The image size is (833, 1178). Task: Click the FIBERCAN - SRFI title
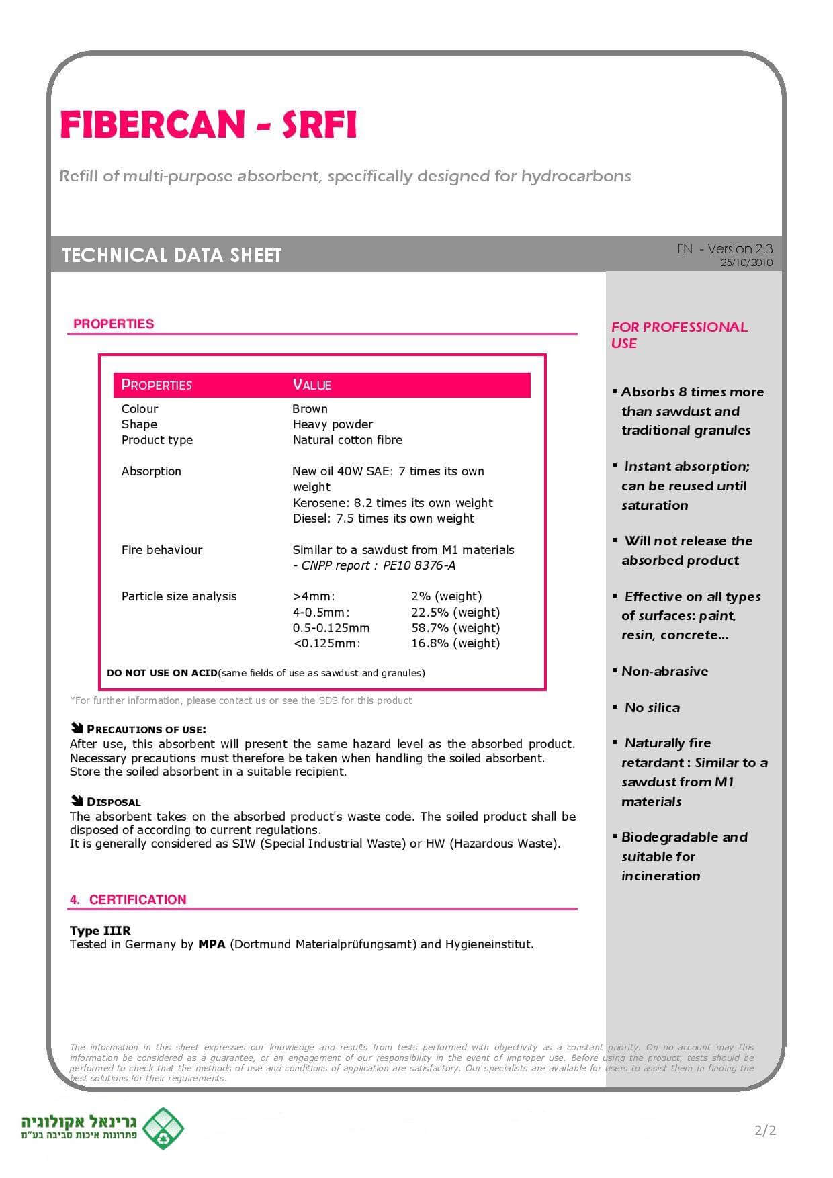[x=208, y=125]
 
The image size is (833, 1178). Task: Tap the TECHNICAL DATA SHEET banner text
[x=171, y=255]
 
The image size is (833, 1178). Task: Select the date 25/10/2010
[x=746, y=263]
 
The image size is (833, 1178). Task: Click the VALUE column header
[x=312, y=385]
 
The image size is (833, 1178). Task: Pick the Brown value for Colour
[x=310, y=409]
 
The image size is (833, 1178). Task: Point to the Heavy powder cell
[x=332, y=424]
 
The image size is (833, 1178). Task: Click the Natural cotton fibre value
[x=347, y=440]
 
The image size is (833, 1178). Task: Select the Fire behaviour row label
[x=161, y=550]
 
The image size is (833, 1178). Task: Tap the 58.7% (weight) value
[x=455, y=628]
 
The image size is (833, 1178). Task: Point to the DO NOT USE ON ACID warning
[x=162, y=673]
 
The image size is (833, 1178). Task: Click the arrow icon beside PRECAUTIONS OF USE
[x=76, y=728]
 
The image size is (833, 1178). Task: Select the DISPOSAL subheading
[x=114, y=802]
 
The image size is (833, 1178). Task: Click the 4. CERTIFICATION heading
[x=128, y=900]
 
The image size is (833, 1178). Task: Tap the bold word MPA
[x=212, y=944]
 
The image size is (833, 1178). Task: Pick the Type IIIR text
[x=100, y=931]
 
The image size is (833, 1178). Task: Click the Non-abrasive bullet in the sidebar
[x=664, y=671]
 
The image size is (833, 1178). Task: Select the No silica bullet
[x=652, y=707]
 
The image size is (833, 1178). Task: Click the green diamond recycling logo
[x=163, y=1129]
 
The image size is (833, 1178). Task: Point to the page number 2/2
[x=765, y=1130]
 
